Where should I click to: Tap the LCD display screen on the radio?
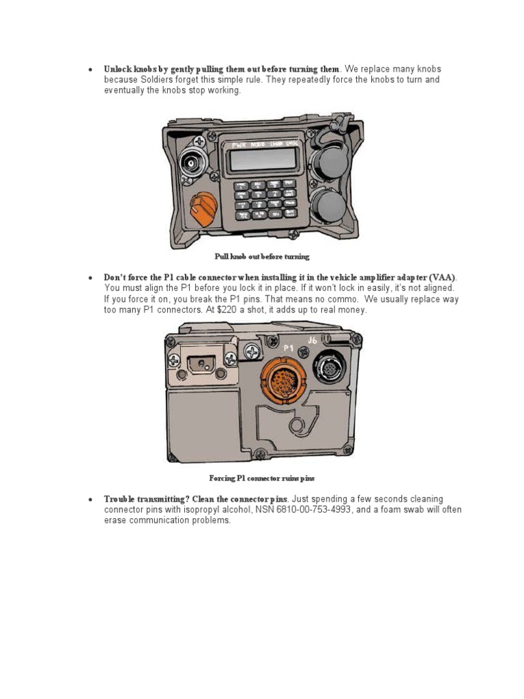(x=262, y=160)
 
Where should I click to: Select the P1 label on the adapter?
(x=288, y=348)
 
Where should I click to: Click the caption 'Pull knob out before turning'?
(x=262, y=257)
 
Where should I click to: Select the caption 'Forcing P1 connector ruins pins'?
(x=261, y=478)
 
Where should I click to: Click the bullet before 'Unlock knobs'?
(x=89, y=70)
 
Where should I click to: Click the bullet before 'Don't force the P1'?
(x=89, y=279)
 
